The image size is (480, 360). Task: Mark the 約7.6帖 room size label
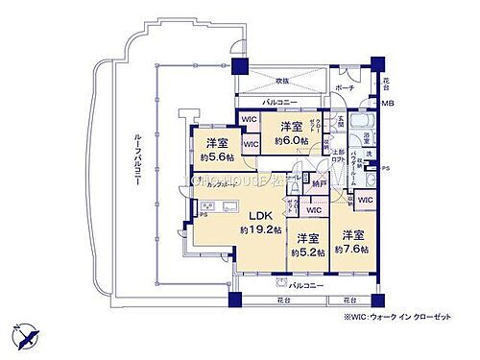(x=352, y=249)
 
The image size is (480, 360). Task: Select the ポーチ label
(x=345, y=87)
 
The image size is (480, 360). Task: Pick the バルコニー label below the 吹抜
(x=280, y=102)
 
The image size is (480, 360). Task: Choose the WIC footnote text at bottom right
(x=417, y=318)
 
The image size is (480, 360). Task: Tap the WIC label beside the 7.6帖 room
(x=365, y=199)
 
